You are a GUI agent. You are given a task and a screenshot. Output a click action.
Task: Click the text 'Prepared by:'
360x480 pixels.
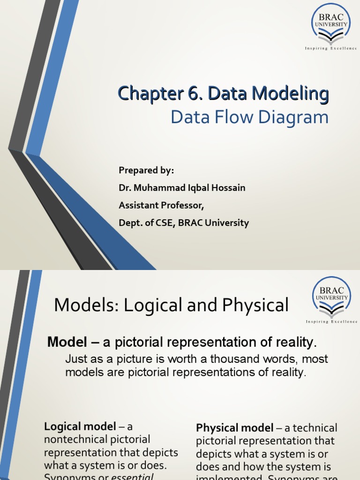146,170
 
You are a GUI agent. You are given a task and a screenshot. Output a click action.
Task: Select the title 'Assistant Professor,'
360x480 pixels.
161,205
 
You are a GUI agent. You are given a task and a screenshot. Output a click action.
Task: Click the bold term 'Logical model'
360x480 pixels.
80,427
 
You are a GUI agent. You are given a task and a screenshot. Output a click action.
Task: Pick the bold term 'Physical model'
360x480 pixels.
234,428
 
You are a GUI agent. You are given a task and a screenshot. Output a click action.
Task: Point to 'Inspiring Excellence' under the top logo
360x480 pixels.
331,48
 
